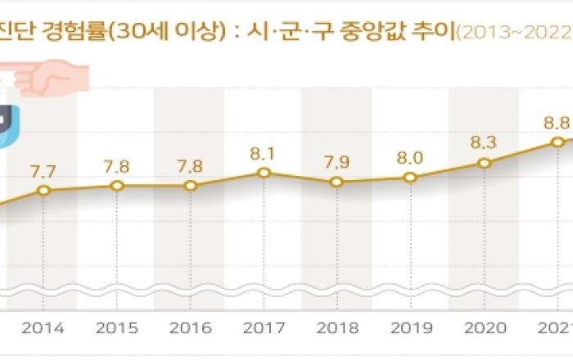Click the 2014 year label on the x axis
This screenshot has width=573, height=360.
pos(44,328)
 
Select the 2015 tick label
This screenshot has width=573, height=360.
pos(117,328)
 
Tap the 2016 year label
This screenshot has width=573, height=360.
pos(190,328)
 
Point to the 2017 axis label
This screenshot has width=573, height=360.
pos(264,328)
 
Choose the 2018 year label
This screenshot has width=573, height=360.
pos(337,328)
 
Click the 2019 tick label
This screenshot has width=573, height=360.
pos(411,328)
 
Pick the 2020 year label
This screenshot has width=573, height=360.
pos(485,328)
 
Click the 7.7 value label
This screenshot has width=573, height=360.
pos(44,171)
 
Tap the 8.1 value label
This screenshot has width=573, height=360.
pos(264,152)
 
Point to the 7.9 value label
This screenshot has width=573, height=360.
pos(337,161)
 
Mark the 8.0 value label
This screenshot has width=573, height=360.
pos(411,158)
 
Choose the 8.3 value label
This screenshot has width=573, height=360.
pos(485,143)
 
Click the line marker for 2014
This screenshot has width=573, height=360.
pos(44,191)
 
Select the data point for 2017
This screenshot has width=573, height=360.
pos(264,173)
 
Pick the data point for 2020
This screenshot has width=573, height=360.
pos(485,163)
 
